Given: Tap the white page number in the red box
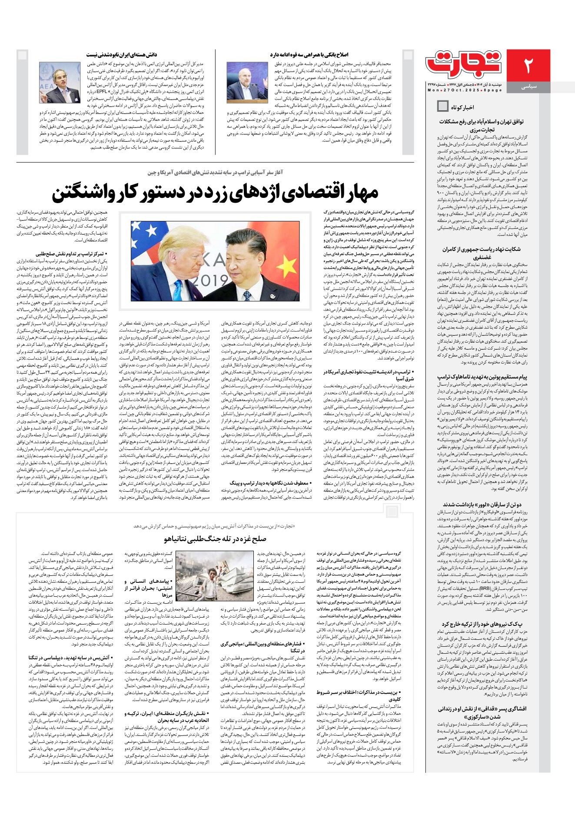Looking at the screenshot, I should point(528,65).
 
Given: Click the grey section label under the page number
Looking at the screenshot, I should point(528,87).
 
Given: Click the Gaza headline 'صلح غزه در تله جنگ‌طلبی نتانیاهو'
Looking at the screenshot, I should point(215,539).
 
